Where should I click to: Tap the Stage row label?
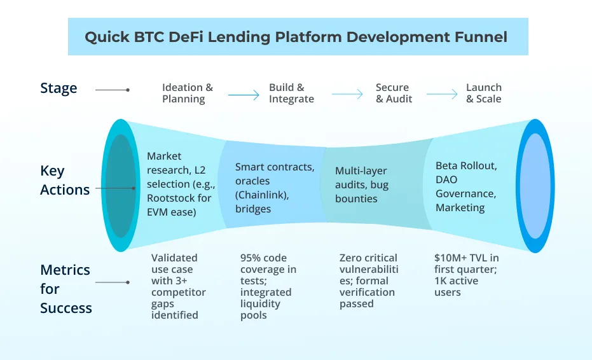[x=59, y=88]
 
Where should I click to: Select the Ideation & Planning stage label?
[x=187, y=93]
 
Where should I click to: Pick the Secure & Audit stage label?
[x=394, y=93]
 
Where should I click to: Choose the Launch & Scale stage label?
[x=483, y=93]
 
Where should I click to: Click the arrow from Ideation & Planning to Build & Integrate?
[x=244, y=95]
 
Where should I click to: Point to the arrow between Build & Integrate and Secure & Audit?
[x=347, y=95]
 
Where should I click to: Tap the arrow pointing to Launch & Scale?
[x=442, y=95]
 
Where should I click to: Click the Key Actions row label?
[x=65, y=180]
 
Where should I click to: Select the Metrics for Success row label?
[x=65, y=289]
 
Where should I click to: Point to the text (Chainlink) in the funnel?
[x=262, y=195]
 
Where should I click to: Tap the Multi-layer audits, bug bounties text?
[x=361, y=184]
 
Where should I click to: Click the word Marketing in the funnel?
[x=460, y=207]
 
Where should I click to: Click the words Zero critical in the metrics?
[x=368, y=258]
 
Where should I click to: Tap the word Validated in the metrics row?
[x=174, y=258]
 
